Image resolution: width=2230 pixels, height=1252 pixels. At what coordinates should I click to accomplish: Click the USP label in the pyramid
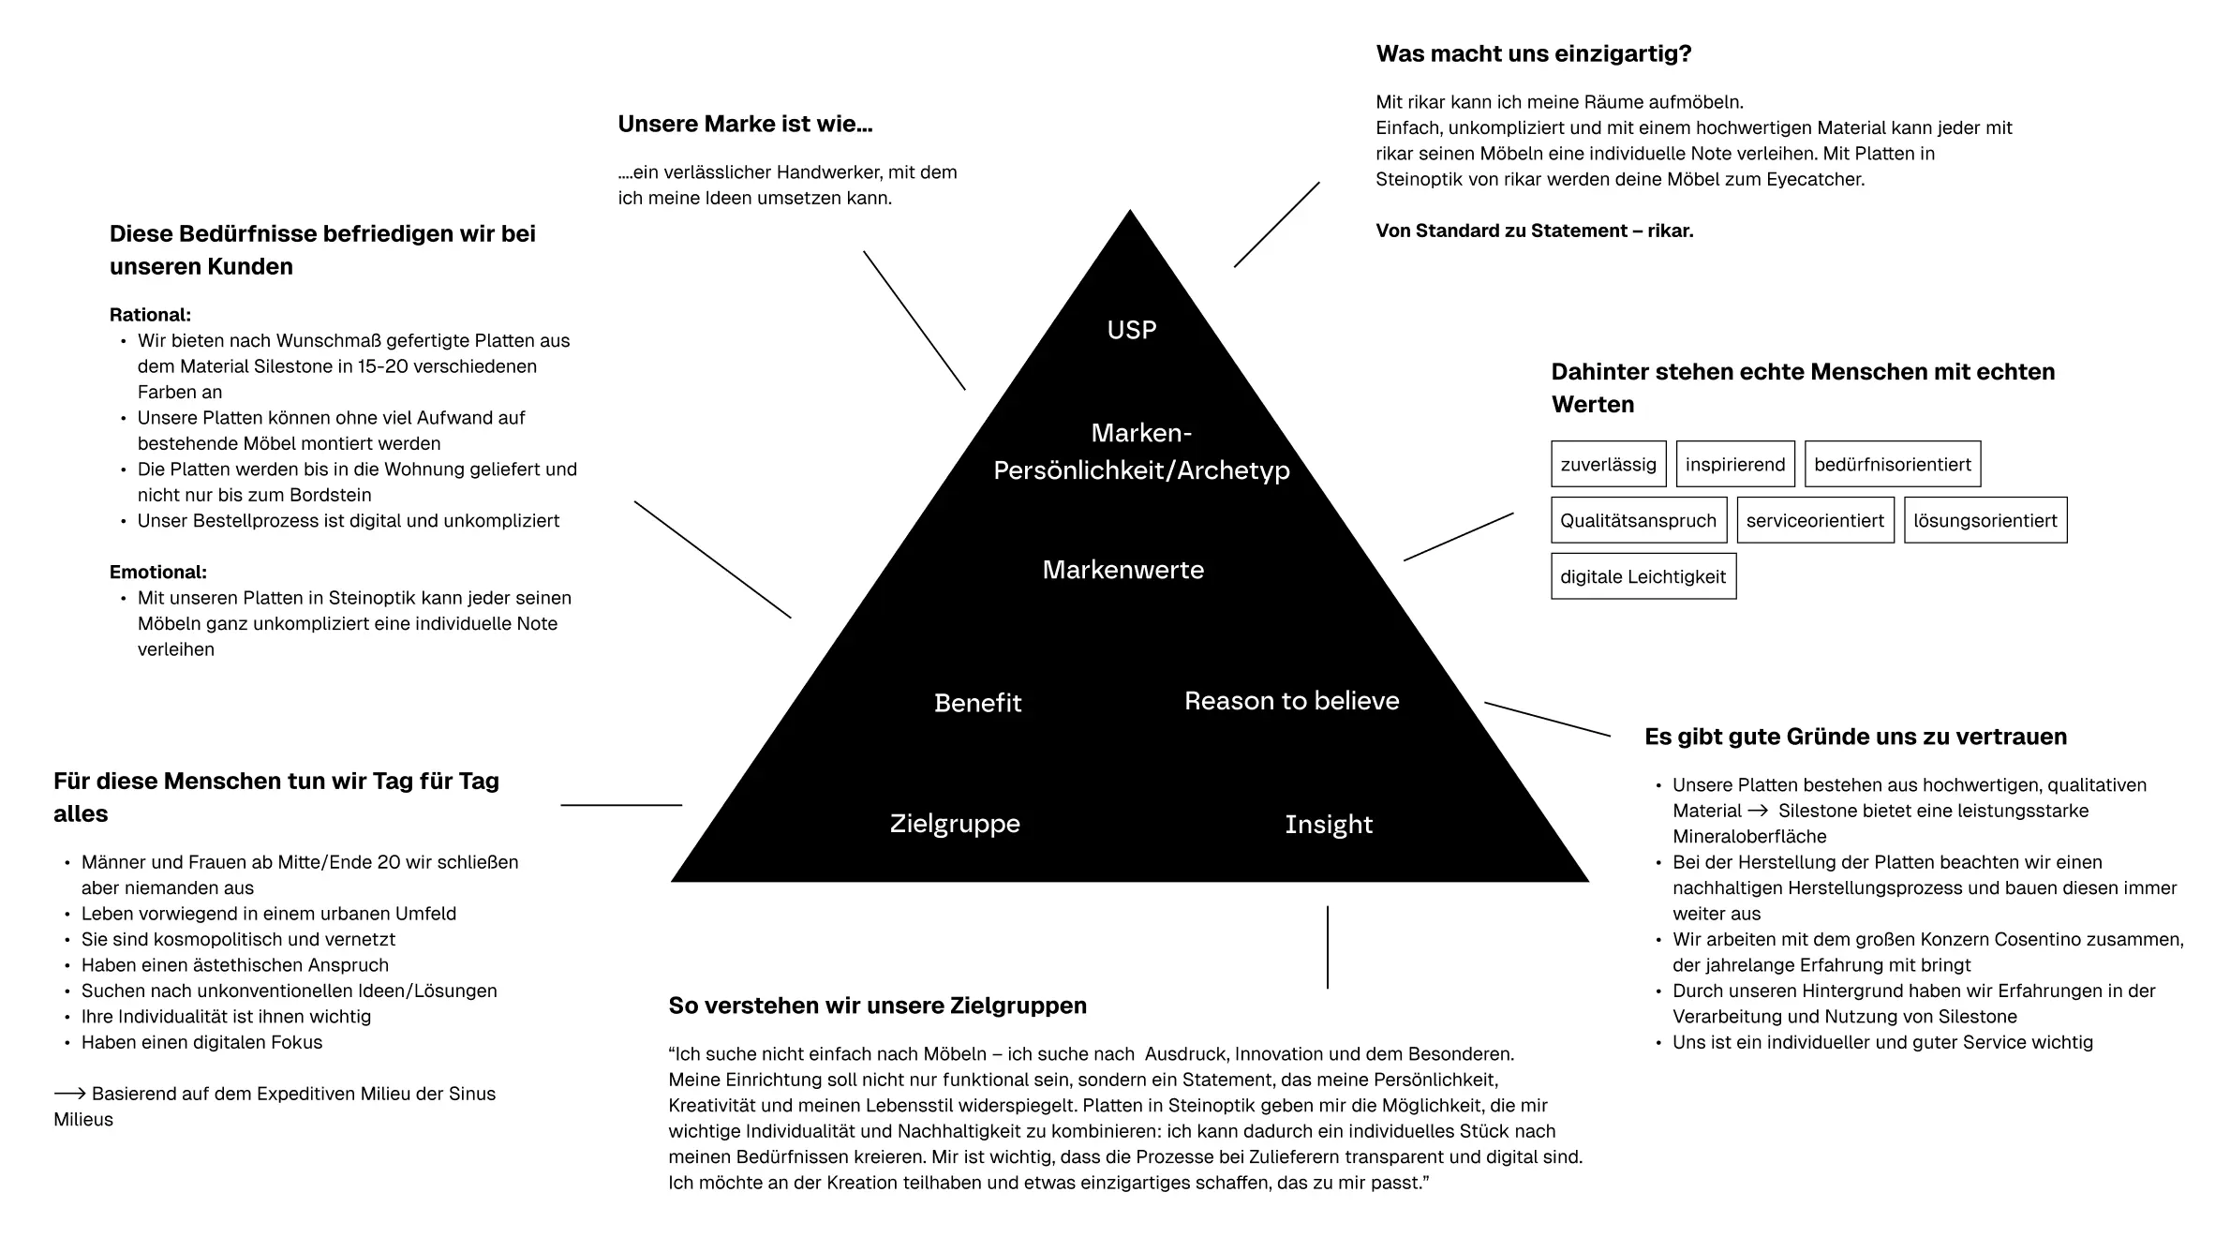pyautogui.click(x=1131, y=330)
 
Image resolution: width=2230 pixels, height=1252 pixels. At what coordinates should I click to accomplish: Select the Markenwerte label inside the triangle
pyautogui.click(x=1122, y=570)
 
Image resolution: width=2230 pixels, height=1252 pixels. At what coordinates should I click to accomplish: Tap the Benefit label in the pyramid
pyautogui.click(x=977, y=703)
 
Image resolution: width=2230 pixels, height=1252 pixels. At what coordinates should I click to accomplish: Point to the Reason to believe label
pyautogui.click(x=1291, y=701)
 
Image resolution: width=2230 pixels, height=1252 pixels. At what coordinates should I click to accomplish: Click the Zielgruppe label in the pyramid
pyautogui.click(x=955, y=824)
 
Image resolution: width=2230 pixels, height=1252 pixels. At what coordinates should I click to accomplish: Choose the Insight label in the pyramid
pyautogui.click(x=1329, y=825)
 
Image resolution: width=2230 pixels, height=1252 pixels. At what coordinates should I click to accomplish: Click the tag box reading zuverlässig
pyautogui.click(x=1609, y=464)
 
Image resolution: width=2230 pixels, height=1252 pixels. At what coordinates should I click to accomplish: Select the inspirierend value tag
pyautogui.click(x=1735, y=464)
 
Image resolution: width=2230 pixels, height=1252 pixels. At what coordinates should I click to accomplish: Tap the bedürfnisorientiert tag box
pyautogui.click(x=1893, y=464)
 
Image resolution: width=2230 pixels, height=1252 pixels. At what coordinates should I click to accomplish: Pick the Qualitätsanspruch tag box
pyautogui.click(x=1639, y=520)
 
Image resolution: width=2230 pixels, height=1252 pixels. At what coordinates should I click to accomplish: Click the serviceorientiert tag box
pyautogui.click(x=1815, y=520)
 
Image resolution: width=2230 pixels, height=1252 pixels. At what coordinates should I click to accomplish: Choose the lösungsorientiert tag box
pyautogui.click(x=1985, y=520)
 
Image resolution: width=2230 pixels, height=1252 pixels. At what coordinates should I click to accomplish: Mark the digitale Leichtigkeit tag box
pyautogui.click(x=1643, y=576)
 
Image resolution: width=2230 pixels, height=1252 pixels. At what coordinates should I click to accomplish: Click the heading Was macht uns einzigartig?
pyautogui.click(x=1534, y=53)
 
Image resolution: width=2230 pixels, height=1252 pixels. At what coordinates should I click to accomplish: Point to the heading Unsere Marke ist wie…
pyautogui.click(x=745, y=124)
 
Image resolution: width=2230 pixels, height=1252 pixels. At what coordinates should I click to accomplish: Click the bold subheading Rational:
pyautogui.click(x=150, y=315)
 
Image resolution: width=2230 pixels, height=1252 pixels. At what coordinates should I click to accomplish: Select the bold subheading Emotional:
pyautogui.click(x=158, y=572)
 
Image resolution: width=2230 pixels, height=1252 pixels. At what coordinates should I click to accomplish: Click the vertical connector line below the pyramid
pyautogui.click(x=1328, y=946)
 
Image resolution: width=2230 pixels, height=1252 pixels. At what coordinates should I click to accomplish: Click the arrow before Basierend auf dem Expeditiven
pyautogui.click(x=70, y=1093)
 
